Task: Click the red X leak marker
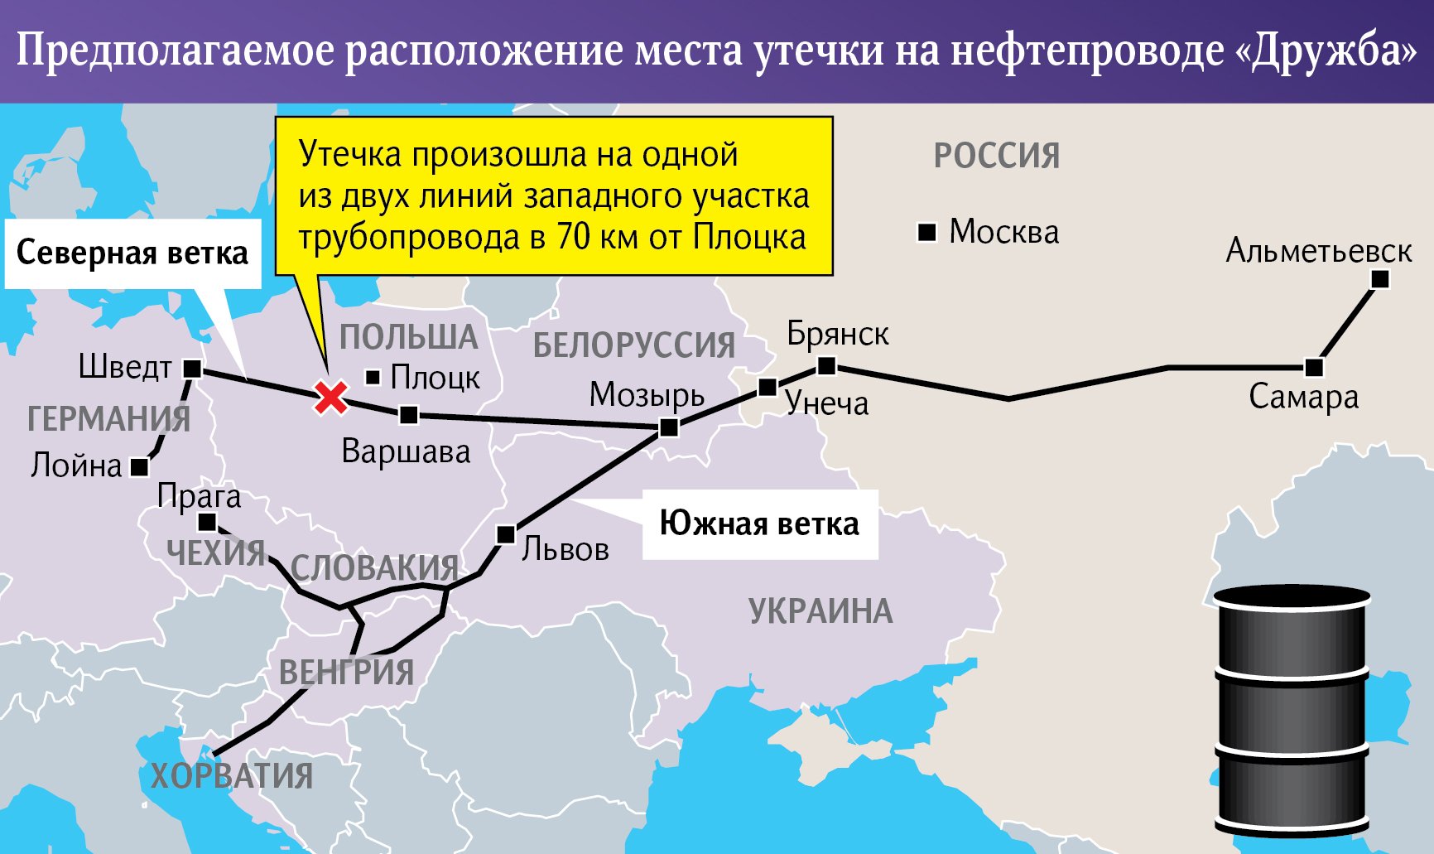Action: click(x=331, y=398)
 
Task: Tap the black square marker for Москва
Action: click(x=927, y=233)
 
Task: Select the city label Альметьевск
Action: click(x=1318, y=250)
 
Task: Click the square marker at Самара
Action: click(x=1313, y=367)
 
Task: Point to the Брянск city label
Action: click(x=837, y=334)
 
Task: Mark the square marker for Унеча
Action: click(x=768, y=387)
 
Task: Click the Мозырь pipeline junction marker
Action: click(x=669, y=427)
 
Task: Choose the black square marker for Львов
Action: click(x=505, y=534)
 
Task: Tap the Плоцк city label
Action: click(x=435, y=378)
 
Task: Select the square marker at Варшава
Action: click(x=408, y=415)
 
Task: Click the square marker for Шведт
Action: click(x=192, y=369)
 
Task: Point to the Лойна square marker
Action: click(x=140, y=468)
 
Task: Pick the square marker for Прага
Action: click(x=207, y=523)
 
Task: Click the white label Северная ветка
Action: click(x=132, y=253)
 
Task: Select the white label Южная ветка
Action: click(x=759, y=523)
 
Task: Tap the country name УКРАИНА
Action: click(x=820, y=611)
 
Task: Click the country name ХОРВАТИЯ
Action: click(x=232, y=776)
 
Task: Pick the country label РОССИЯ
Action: click(x=996, y=156)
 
